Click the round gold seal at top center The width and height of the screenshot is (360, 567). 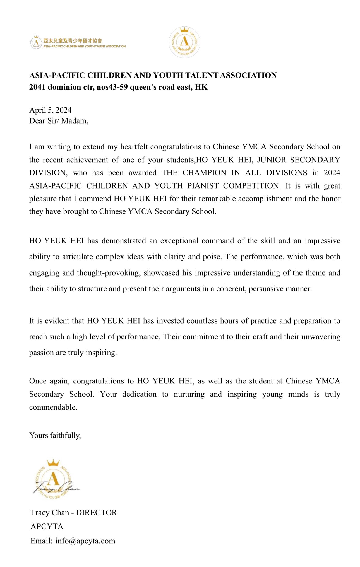click(x=184, y=42)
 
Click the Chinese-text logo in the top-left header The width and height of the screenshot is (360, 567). click(x=78, y=43)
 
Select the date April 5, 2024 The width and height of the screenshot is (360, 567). click(x=50, y=110)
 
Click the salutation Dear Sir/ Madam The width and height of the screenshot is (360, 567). click(x=59, y=121)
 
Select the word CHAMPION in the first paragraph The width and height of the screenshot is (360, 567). click(x=204, y=173)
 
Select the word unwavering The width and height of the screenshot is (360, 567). click(x=321, y=337)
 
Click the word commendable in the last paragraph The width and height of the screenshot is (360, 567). click(x=53, y=407)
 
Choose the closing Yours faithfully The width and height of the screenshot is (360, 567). click(x=55, y=435)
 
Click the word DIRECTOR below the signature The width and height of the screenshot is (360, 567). click(x=96, y=513)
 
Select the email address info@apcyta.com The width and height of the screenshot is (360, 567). click(x=85, y=541)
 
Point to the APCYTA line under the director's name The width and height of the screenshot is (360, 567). click(x=47, y=527)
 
